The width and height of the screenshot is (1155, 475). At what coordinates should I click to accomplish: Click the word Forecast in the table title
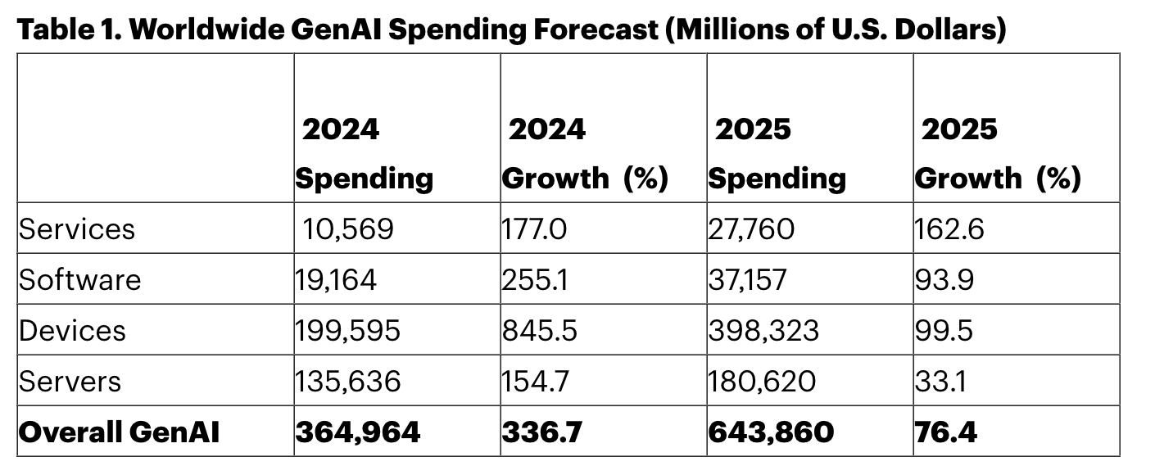point(596,29)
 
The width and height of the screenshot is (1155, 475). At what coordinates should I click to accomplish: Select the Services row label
point(77,229)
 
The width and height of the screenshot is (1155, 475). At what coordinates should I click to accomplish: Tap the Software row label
point(80,279)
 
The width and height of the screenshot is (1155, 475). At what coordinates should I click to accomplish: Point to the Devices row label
point(72,330)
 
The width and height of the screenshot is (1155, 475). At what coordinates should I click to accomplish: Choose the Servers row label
point(70,381)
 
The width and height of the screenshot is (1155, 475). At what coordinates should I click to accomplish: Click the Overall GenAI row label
point(119,432)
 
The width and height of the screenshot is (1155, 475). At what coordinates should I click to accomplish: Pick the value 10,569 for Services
point(348,229)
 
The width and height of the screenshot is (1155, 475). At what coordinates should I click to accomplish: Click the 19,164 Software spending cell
point(336,279)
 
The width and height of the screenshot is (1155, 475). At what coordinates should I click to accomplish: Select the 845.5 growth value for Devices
point(539,330)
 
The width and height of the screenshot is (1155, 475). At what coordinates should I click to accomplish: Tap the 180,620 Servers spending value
point(762,381)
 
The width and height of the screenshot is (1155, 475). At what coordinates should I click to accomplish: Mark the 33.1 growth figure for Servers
point(940,381)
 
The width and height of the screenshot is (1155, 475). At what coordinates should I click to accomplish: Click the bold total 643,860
point(771,432)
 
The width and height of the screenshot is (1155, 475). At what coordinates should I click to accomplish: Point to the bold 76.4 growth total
point(945,432)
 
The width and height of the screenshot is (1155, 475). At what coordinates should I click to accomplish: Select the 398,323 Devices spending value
point(763,330)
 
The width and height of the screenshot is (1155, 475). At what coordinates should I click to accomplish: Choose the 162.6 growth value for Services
point(949,229)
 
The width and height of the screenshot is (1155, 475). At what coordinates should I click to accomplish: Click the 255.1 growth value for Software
point(535,279)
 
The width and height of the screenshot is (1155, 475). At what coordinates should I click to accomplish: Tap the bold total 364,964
point(358,432)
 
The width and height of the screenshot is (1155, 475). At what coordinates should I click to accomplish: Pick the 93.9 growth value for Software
point(944,279)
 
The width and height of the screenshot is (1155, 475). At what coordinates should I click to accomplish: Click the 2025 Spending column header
point(777,154)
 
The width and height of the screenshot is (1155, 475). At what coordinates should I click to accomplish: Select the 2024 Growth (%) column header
point(585,154)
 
